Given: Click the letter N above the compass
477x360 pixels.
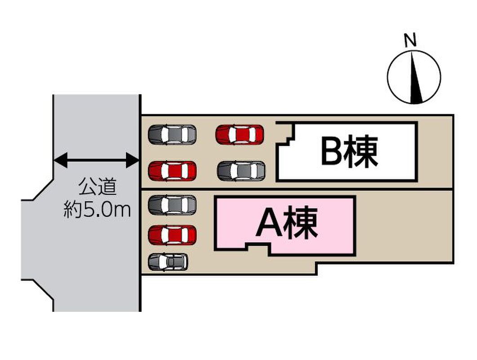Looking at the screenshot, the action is click(x=410, y=40).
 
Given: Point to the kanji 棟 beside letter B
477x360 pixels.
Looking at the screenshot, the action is click(x=363, y=151).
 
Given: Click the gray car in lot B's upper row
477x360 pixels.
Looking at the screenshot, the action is click(x=172, y=134).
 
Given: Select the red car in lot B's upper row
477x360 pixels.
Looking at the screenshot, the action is click(x=240, y=134).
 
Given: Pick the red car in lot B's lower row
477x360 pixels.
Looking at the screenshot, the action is click(x=172, y=171).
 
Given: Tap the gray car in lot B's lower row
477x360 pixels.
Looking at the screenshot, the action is click(x=241, y=171).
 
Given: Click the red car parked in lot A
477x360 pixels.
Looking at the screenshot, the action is click(x=172, y=235).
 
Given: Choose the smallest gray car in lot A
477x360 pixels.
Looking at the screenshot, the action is click(x=168, y=262).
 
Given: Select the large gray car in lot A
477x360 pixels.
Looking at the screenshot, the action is click(x=172, y=205).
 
